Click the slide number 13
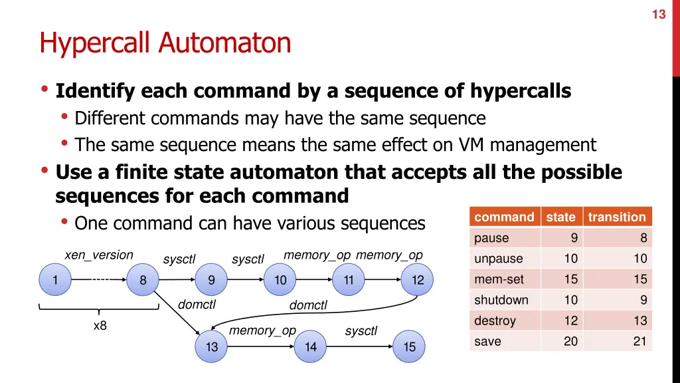coord(658,14)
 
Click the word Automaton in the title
coord(224,43)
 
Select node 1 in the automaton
coord(55,280)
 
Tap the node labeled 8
coord(143,280)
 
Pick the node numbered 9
coord(211,280)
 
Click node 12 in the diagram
coord(417,280)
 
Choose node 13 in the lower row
coord(211,346)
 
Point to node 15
coord(409,346)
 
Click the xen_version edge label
coord(98,255)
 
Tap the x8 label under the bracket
coord(100,326)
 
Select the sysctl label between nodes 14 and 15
coord(361,331)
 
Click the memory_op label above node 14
coord(262,330)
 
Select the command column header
coord(504,217)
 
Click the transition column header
coord(616,217)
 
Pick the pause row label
coord(491,238)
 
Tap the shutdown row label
coord(501,300)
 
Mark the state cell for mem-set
coord(570,279)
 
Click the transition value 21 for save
coord(639,341)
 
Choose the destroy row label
coord(495,320)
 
